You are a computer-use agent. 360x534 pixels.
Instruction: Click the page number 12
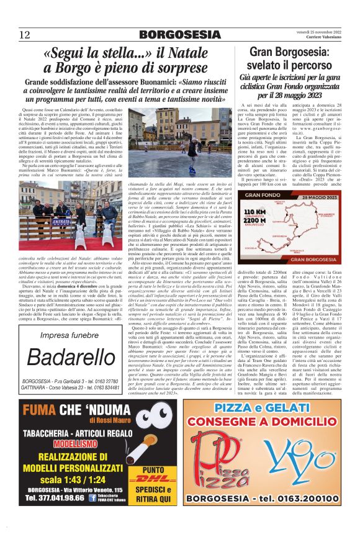point(25,34)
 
